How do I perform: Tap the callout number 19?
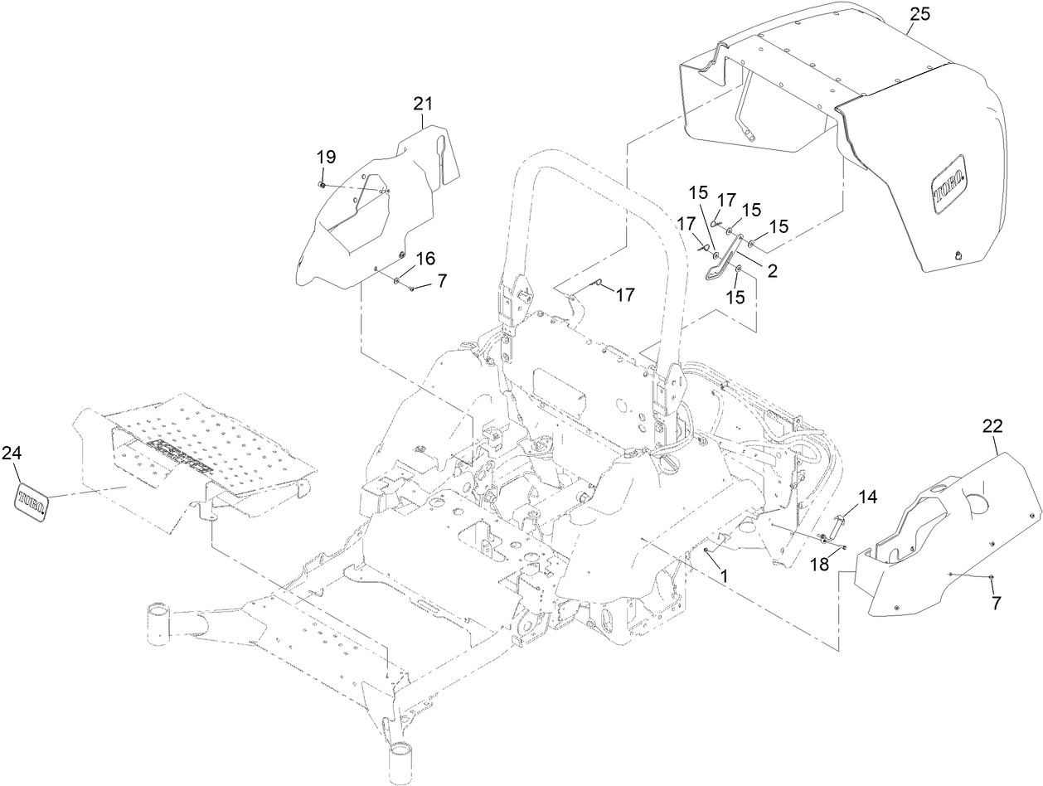pos(326,157)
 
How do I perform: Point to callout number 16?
pos(425,259)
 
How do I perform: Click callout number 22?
pos(992,426)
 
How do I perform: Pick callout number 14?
pos(866,497)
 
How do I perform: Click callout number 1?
pos(723,573)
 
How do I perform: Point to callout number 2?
pos(772,270)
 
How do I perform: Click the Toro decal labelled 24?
pos(30,502)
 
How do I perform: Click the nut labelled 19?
pos(322,182)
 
